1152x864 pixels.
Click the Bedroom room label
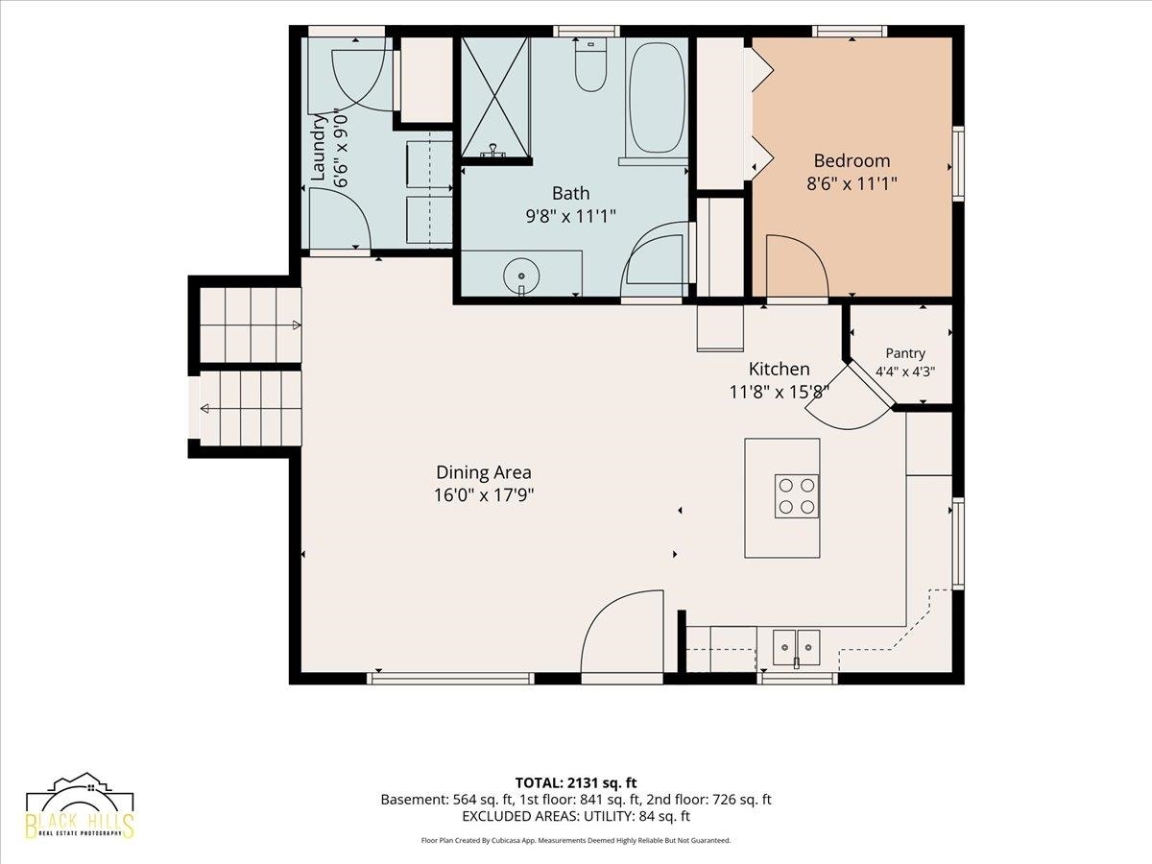852,160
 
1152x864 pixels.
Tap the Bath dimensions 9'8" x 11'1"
570,216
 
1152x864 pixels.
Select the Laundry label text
320,148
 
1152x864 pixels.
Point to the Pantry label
905,353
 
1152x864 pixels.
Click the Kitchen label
779,370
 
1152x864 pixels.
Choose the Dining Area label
484,472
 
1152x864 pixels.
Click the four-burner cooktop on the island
796,496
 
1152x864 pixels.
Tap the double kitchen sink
796,648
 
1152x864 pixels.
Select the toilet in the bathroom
591,65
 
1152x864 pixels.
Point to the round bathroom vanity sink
521,276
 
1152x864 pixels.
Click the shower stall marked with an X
495,97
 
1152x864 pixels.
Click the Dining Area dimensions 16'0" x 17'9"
484,495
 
